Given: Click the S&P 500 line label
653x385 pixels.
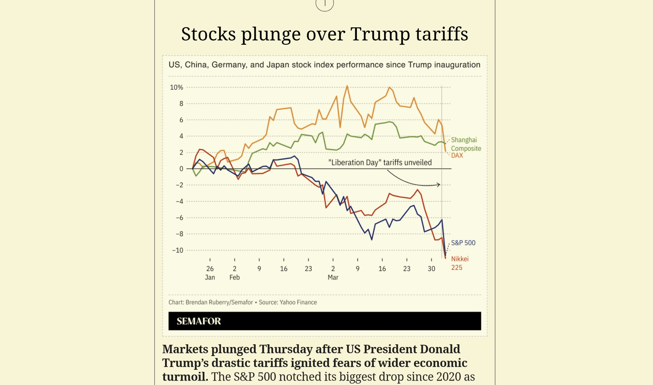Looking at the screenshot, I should click(463, 243).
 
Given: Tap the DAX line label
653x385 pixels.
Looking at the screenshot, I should click(457, 155).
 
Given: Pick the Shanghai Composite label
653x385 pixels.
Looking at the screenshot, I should click(466, 144).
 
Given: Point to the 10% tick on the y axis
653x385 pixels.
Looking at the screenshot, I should click(176, 87).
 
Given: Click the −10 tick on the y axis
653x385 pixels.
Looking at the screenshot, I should click(178, 250).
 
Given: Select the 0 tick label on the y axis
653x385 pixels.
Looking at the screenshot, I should click(181, 169).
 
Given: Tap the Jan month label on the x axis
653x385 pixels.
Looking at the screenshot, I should click(210, 277).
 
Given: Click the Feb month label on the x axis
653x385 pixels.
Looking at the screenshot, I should click(234, 277).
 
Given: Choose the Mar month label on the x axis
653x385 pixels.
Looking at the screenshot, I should click(333, 277).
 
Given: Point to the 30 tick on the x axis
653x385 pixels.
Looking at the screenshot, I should click(431, 269).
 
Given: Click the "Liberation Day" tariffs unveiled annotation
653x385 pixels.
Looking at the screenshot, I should click(380, 163).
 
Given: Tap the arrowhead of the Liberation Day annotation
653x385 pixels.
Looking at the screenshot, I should click(439, 185).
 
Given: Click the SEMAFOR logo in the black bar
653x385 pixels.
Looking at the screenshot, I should click(199, 321).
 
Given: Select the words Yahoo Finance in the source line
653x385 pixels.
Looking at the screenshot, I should click(298, 302).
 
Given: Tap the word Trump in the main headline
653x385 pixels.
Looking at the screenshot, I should click(380, 34).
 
